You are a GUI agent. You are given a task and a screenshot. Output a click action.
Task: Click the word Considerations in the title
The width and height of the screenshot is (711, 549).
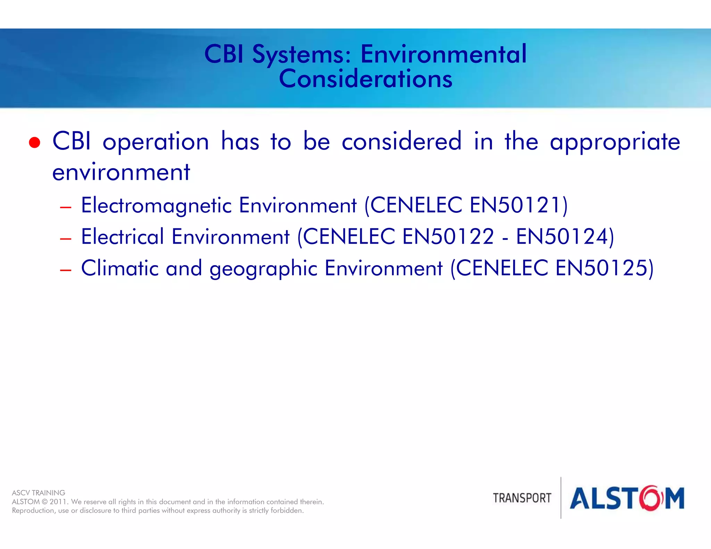pyautogui.click(x=366, y=79)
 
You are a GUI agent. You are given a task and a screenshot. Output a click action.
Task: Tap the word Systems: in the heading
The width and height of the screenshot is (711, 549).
pyautogui.click(x=302, y=55)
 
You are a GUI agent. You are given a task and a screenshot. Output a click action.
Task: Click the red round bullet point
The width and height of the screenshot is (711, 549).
pyautogui.click(x=34, y=143)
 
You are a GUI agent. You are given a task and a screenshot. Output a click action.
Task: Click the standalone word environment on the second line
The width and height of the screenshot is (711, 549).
pyautogui.click(x=121, y=172)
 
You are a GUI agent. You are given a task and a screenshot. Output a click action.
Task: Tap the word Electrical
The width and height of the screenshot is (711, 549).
pyautogui.click(x=122, y=237)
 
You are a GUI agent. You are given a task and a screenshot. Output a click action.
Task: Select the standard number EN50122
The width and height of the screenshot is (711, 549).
pyautogui.click(x=448, y=237)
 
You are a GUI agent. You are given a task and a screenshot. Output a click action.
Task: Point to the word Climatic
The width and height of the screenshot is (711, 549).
pyautogui.click(x=120, y=268)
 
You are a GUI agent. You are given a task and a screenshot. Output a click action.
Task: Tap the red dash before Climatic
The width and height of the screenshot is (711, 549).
pyautogui.click(x=65, y=270)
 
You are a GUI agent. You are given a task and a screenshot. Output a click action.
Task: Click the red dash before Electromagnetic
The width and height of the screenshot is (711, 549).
pyautogui.click(x=65, y=208)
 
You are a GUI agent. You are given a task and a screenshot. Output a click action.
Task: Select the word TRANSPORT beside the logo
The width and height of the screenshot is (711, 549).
pyautogui.click(x=522, y=498)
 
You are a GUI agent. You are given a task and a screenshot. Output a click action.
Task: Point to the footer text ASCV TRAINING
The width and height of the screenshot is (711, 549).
pyautogui.click(x=39, y=493)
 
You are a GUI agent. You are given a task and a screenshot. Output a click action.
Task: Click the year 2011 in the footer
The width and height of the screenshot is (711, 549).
pyautogui.click(x=58, y=502)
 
